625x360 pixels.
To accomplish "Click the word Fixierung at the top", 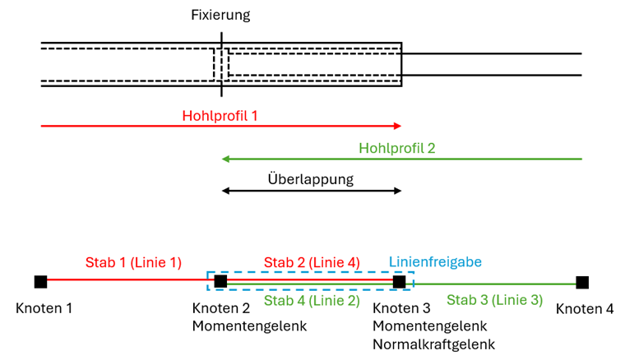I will click(220, 15).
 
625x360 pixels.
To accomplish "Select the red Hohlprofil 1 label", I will click(220, 116).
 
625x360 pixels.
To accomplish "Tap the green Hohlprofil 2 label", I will click(396, 149).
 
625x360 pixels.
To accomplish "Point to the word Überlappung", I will click(310, 179).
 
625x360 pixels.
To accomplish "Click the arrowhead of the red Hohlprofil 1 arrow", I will click(397, 126).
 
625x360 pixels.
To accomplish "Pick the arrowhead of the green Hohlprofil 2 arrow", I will click(225, 159).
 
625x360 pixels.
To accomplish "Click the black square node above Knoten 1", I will click(40, 282).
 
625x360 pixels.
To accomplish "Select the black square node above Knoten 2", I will click(220, 282).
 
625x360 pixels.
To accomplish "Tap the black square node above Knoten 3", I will click(399, 282).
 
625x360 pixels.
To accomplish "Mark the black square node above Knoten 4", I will click(582, 283).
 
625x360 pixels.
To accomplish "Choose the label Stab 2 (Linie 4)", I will click(311, 262).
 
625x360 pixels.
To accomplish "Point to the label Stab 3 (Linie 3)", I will click(494, 300).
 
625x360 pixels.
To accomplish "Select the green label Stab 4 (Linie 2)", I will click(312, 300).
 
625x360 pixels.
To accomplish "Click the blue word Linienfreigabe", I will click(434, 261).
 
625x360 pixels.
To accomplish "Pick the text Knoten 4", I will click(584, 309).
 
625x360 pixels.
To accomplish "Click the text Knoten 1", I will click(44, 309).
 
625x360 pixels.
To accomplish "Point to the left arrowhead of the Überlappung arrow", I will click(225, 192).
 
